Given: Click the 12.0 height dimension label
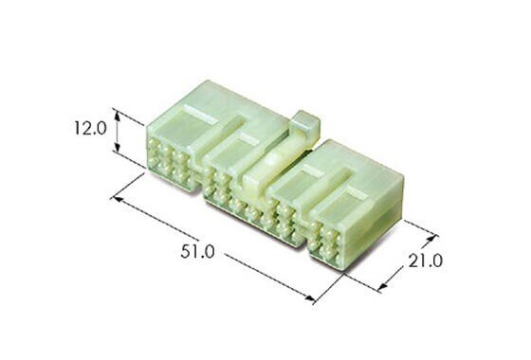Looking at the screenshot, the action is click(90, 129).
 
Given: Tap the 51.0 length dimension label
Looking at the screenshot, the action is click(197, 252).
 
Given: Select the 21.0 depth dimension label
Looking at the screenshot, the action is click(426, 261).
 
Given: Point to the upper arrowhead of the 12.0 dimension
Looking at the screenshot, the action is click(118, 116).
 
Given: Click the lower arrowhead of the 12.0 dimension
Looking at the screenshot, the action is click(118, 148).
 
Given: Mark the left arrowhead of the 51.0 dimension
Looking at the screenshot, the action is click(118, 199).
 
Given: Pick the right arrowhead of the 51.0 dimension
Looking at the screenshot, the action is click(310, 298).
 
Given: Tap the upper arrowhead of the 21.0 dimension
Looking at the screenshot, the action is click(430, 238).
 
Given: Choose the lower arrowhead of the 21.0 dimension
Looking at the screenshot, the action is click(382, 287).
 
